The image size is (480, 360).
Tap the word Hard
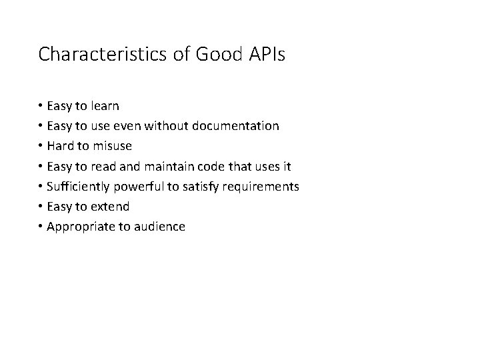click(x=61, y=145)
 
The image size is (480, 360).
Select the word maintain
click(x=176, y=166)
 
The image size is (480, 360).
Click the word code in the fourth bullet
click(x=218, y=166)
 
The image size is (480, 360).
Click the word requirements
click(x=261, y=186)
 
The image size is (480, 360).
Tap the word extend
click(x=110, y=206)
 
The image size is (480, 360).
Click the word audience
click(x=160, y=227)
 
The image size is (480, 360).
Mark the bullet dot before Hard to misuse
click(x=41, y=145)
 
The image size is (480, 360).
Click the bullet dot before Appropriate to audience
click(x=41, y=227)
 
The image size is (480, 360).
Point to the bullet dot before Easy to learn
click(x=41, y=105)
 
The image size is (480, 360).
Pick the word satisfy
click(x=203, y=186)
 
